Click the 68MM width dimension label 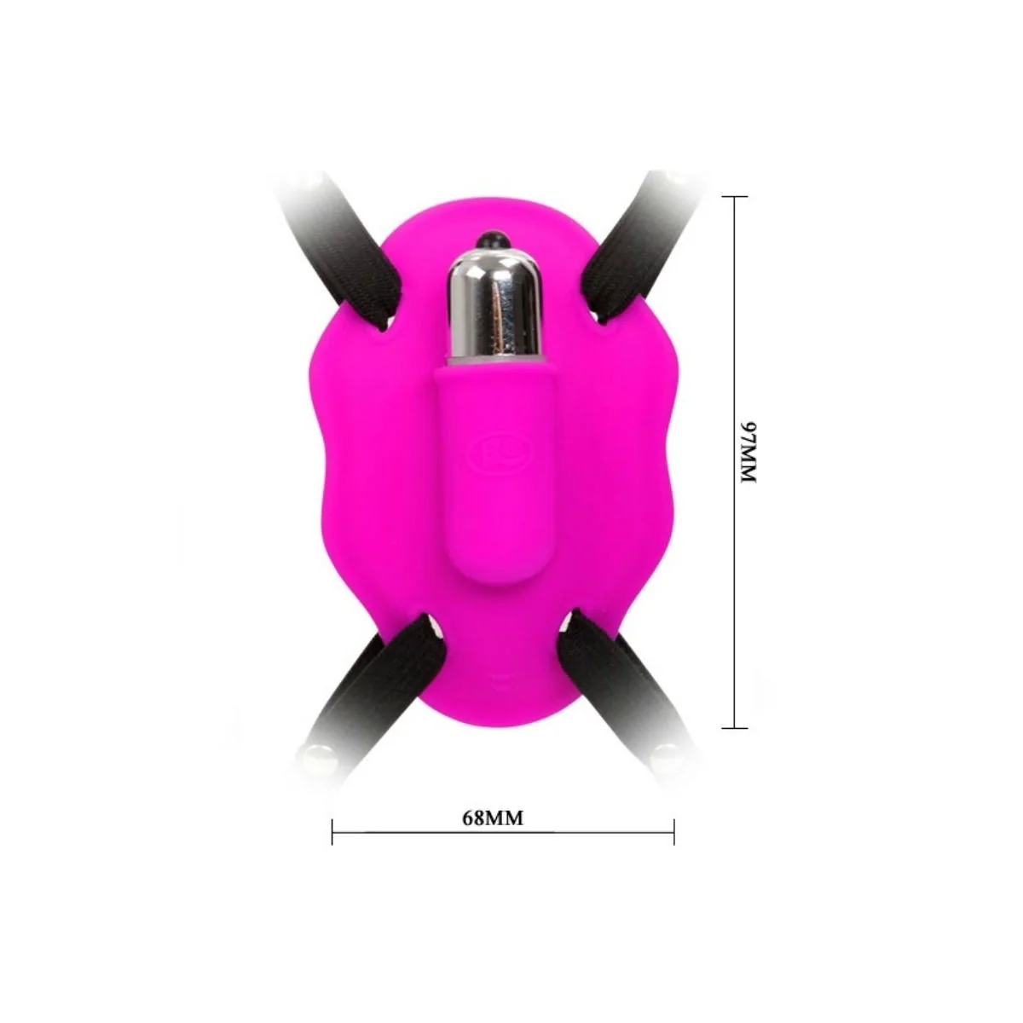[x=493, y=818]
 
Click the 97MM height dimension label [x=747, y=453]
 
